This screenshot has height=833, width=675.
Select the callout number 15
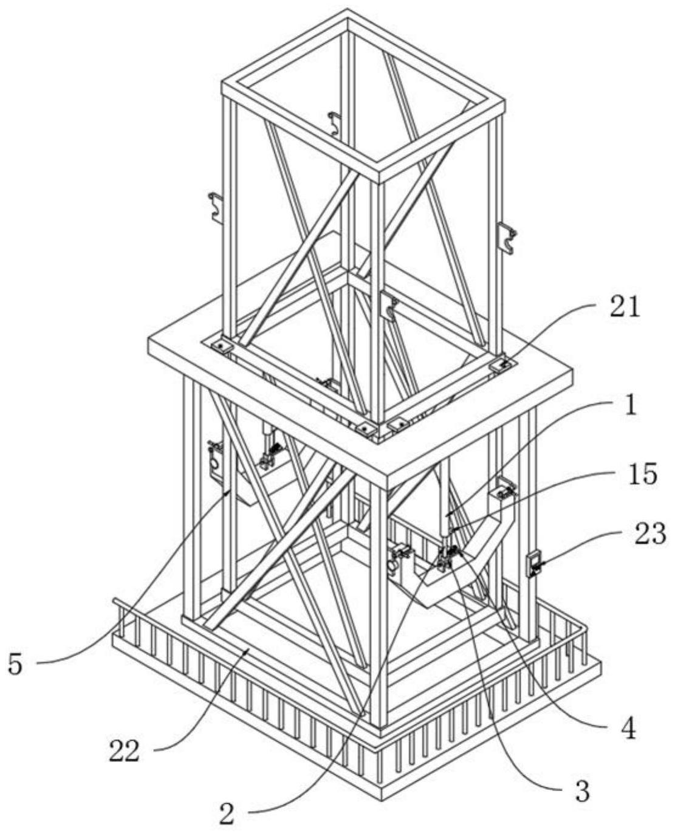[x=642, y=475]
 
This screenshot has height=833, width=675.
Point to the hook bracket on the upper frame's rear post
[x=335, y=124]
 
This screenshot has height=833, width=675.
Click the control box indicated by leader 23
[x=533, y=564]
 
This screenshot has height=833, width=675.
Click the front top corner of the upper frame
[x=379, y=172]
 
